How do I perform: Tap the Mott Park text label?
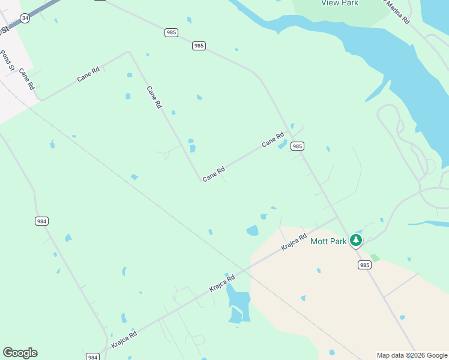tap(328, 241)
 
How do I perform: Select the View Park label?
tap(340, 3)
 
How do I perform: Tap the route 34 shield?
tap(25, 19)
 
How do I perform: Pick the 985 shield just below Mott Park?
tap(364, 265)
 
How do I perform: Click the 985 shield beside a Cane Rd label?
tap(297, 146)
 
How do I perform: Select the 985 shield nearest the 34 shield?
tap(170, 32)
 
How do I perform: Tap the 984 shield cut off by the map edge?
tap(92, 357)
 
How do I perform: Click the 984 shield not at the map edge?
tap(41, 221)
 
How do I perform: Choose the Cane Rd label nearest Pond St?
tap(27, 79)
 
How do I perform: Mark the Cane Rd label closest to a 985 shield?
tap(273, 140)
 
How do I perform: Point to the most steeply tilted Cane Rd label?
tap(154, 97)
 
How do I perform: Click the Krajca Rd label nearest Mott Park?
tap(295, 242)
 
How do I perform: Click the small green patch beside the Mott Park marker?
tap(375, 257)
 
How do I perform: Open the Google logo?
tap(20, 353)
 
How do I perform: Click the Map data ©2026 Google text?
tap(411, 355)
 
